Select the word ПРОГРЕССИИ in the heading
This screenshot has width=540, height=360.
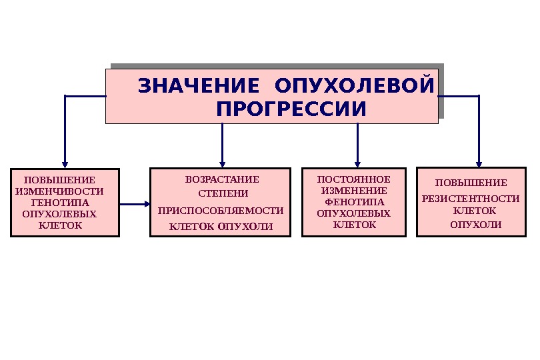coord(291,108)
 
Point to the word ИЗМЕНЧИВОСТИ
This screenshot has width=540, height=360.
coord(59,191)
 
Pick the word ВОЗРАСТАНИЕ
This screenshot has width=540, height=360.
coord(222,179)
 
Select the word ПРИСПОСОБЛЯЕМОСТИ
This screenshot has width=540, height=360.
coord(221,211)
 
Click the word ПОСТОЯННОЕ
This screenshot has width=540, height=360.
coord(353,179)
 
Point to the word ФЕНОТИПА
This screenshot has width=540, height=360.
coord(354,202)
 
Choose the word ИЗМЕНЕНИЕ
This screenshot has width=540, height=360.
coord(354,191)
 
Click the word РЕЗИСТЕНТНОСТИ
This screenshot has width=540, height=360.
coord(471,199)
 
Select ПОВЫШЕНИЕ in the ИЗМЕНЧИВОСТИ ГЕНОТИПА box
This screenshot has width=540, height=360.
coord(59,180)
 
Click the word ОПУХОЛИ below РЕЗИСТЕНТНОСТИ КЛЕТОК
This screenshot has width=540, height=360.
coord(475,225)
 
